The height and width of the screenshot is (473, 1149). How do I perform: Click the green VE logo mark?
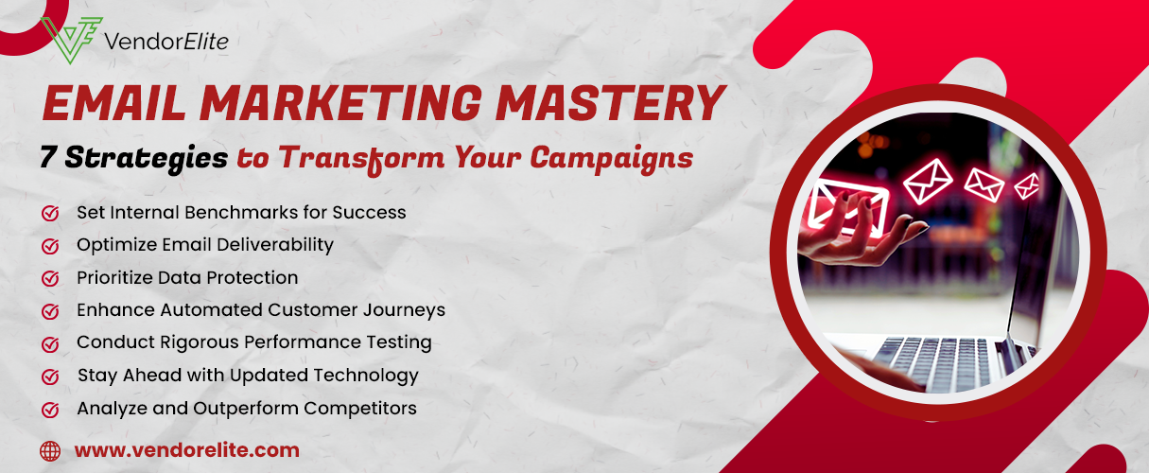71,40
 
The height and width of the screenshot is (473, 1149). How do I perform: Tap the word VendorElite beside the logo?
166,42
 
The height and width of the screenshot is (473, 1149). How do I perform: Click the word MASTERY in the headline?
610,104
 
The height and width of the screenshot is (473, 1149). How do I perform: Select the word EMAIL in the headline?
113,104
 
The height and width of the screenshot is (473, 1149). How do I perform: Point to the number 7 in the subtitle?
47,157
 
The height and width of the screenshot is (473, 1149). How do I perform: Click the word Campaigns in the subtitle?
612,159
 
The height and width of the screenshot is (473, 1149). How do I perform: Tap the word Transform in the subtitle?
362,159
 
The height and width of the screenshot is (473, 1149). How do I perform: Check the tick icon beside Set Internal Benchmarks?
50,213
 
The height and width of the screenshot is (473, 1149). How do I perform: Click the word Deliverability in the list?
275,245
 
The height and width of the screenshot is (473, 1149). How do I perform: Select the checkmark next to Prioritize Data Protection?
50,278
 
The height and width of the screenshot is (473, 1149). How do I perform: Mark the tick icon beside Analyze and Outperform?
50,410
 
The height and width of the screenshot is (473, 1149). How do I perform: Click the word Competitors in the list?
360,409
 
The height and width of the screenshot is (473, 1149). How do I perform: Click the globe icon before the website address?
50,451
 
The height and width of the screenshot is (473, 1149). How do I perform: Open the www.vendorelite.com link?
187,450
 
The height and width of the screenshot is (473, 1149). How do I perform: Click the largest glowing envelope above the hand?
848,208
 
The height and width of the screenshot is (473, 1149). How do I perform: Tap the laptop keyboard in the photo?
933,361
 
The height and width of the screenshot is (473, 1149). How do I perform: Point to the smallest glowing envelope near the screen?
1027,185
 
